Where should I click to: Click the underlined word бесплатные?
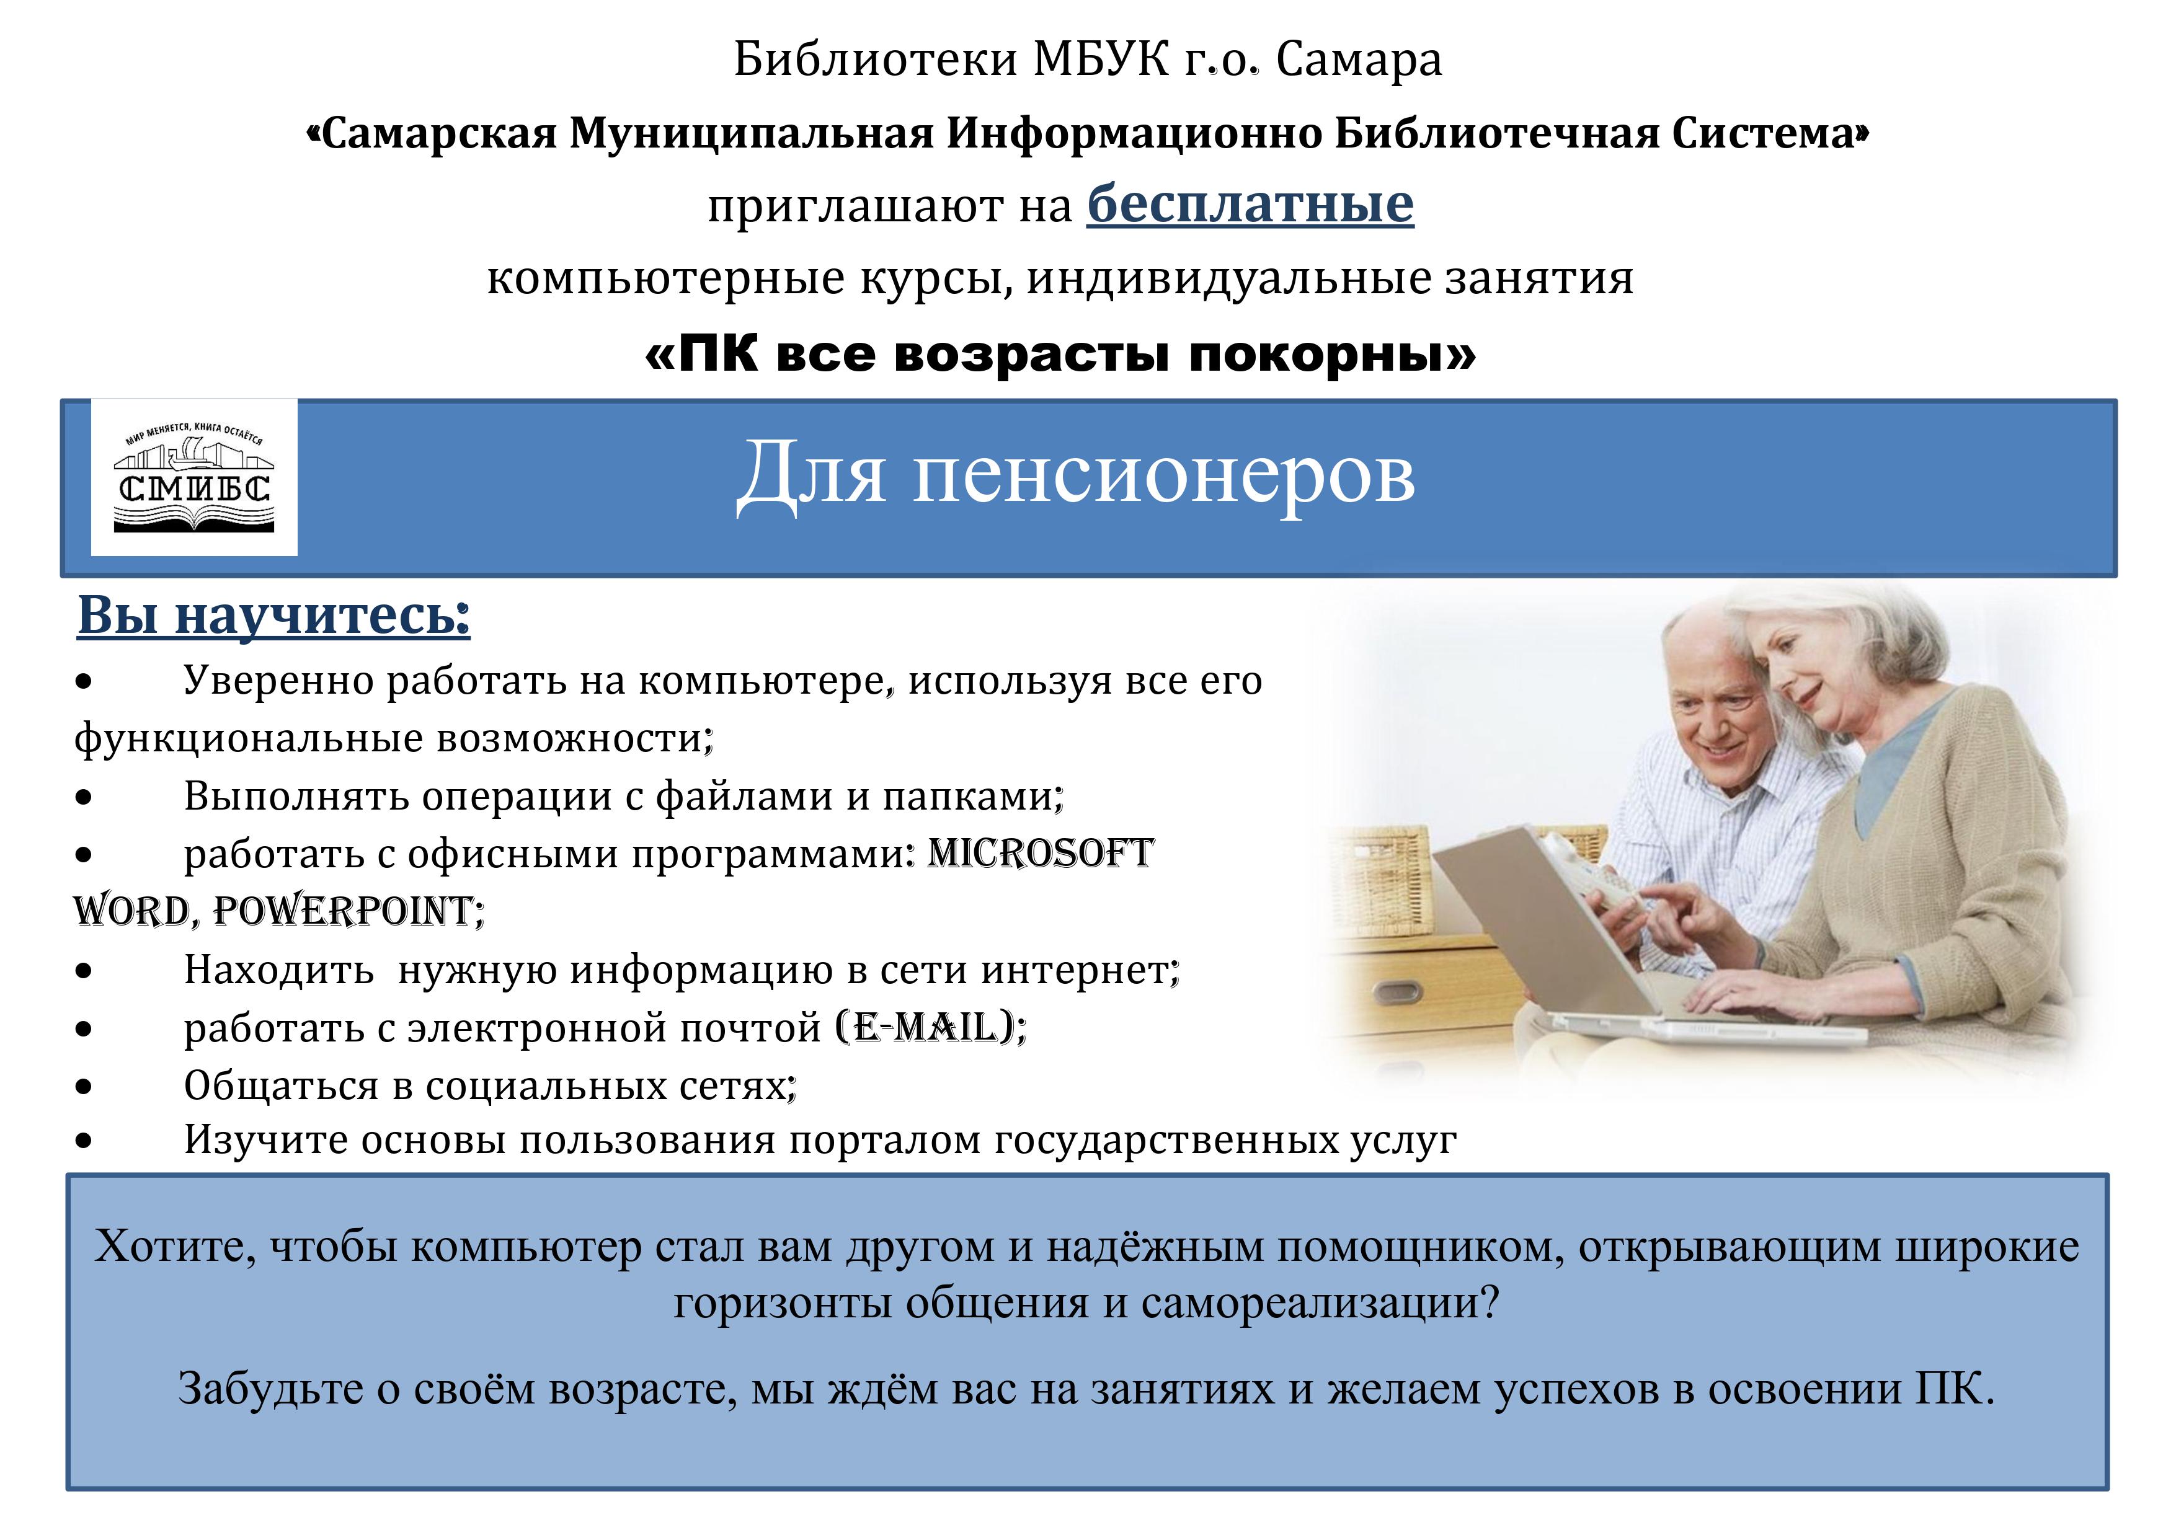tap(1250, 205)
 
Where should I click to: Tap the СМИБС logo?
tap(194, 477)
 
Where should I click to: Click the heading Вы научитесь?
tap(274, 616)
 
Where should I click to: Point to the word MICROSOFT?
tap(1040, 853)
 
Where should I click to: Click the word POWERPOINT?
tap(343, 911)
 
